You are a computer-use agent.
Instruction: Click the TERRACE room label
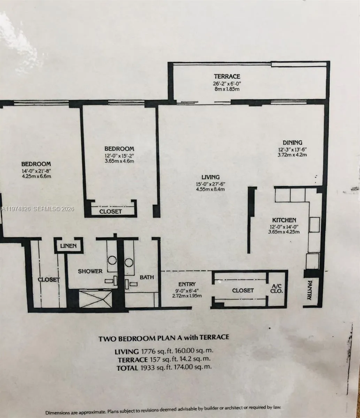coord(227,76)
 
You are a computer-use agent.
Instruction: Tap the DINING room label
coord(292,142)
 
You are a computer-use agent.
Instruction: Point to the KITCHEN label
coord(284,220)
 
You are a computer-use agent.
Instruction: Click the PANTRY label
coord(310,289)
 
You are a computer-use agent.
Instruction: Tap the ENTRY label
coord(186,284)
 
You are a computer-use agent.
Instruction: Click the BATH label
coord(146,277)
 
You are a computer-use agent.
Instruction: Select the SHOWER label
coord(90,271)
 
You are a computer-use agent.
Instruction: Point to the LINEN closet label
coord(68,246)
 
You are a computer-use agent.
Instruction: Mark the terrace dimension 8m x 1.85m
coord(227,89)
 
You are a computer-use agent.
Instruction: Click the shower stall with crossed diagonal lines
coord(95,299)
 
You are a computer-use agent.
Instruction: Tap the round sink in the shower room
coord(112,261)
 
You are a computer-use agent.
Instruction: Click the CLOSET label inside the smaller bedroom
coord(111,211)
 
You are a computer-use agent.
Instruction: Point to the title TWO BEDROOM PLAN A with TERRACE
coord(164,337)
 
